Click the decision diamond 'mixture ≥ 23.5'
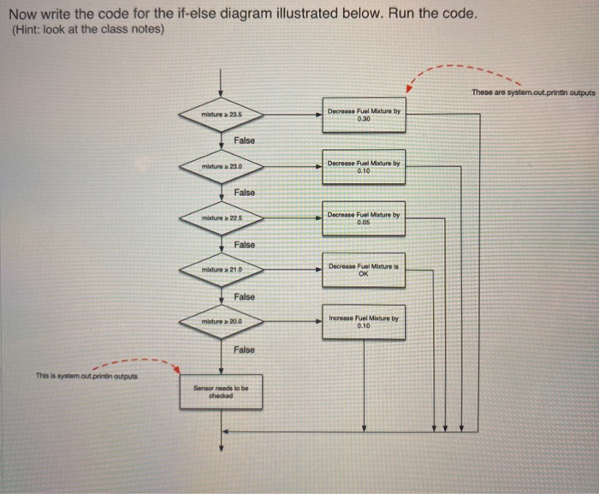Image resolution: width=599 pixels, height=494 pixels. (222, 114)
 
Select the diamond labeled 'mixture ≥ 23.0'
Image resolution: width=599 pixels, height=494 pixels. (222, 166)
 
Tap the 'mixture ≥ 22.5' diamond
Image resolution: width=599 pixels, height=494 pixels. (222, 219)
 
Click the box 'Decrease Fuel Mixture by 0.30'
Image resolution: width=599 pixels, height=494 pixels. (364, 115)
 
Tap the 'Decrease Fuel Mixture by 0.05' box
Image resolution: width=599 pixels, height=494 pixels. (364, 218)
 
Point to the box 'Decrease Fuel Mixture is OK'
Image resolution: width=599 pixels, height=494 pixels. (364, 270)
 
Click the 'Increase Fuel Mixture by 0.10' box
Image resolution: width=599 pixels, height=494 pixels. (364, 322)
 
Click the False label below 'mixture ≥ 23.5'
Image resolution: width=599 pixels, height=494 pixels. (244, 140)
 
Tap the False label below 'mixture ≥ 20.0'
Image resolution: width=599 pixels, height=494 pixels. (244, 349)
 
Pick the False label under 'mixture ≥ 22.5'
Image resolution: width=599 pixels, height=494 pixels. (244, 245)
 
